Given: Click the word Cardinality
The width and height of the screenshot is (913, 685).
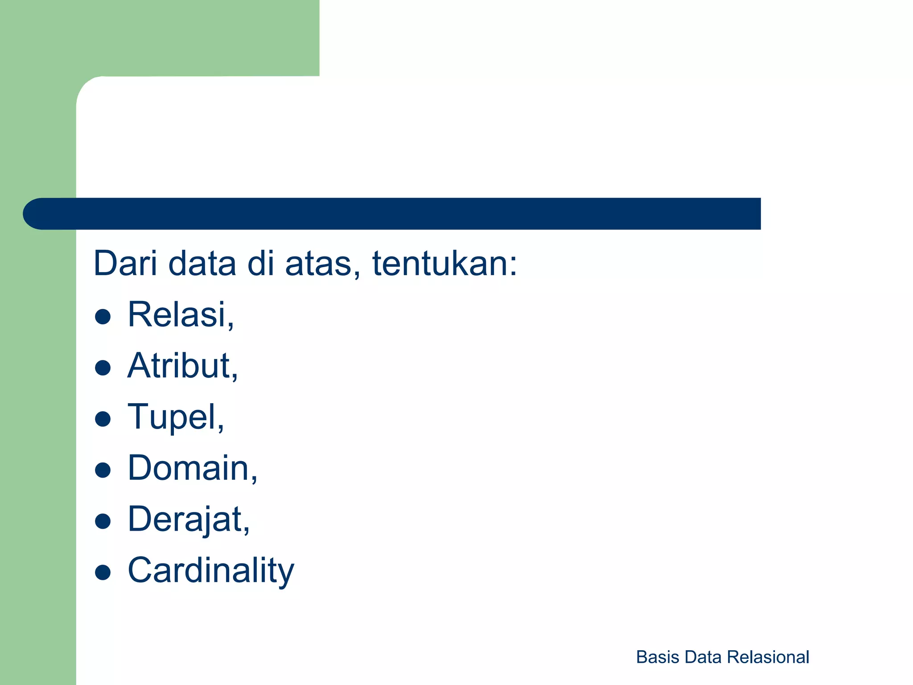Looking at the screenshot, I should coord(211,571).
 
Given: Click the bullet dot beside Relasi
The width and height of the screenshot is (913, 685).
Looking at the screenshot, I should coord(103,317).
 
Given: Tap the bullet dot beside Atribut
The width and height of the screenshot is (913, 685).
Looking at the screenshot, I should coord(103,368).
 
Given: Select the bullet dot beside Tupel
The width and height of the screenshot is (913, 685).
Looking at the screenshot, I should coord(103,419).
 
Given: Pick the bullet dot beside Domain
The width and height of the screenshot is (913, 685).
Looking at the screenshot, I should coord(103,470).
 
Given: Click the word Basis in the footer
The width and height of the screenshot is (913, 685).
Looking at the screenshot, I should coord(658,657).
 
